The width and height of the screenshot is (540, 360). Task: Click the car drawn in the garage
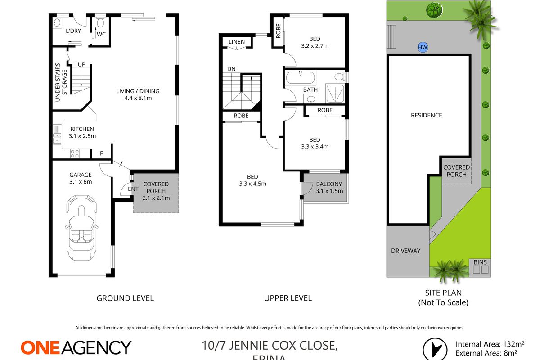pyautogui.click(x=81, y=229)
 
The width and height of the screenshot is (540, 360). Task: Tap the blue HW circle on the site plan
pyautogui.click(x=423, y=48)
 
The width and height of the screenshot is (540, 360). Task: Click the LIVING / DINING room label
pyautogui.click(x=138, y=94)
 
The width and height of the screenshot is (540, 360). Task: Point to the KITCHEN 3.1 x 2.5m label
pyautogui.click(x=81, y=132)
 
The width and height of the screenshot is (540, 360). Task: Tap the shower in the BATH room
pyautogui.click(x=334, y=92)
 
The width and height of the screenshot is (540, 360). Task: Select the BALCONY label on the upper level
pyautogui.click(x=329, y=187)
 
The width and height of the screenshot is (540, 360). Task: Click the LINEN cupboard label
pyautogui.click(x=237, y=42)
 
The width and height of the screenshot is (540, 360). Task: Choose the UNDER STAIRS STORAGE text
pyautogui.click(x=61, y=82)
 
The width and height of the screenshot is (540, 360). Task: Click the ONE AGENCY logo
pyautogui.click(x=76, y=347)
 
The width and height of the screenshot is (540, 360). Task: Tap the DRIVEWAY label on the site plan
pyautogui.click(x=405, y=250)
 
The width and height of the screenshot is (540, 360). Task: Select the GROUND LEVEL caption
pyautogui.click(x=125, y=298)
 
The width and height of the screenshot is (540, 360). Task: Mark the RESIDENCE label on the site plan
pyautogui.click(x=426, y=115)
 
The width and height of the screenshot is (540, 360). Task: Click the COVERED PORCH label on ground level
pyautogui.click(x=156, y=191)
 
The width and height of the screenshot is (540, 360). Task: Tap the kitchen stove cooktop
pyautogui.click(x=75, y=154)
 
